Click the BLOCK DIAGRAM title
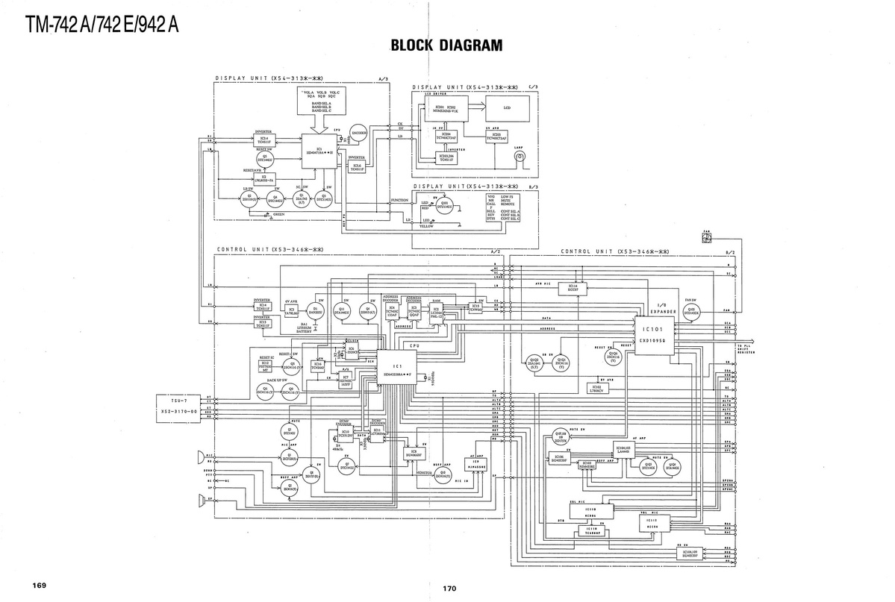point(446,46)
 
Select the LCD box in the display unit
point(507,110)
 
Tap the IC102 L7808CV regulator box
point(596,388)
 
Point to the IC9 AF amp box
point(475,464)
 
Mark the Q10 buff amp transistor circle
point(443,473)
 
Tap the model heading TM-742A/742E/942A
point(102,25)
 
